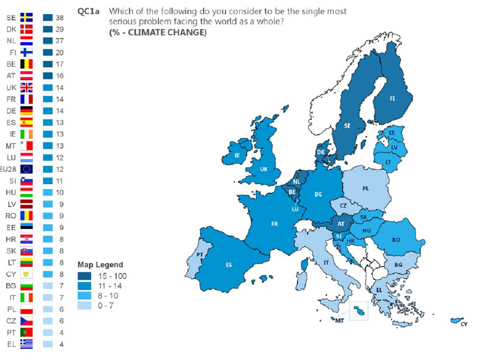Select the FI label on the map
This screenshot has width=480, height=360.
(x=393, y=99)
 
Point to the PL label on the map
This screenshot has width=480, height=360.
(x=366, y=189)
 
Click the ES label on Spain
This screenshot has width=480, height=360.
(x=229, y=265)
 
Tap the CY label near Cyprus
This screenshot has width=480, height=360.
(x=464, y=324)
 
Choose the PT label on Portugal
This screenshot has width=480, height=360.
(x=199, y=254)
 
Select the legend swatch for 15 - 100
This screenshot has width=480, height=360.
(x=85, y=275)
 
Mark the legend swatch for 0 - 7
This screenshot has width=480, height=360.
(x=85, y=305)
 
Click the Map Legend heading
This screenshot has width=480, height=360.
(x=100, y=265)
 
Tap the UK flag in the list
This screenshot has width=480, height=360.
(x=26, y=87)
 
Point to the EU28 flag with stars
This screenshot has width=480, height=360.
(x=26, y=169)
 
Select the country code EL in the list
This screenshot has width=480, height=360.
(x=11, y=344)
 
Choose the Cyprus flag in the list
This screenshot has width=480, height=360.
(x=26, y=274)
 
